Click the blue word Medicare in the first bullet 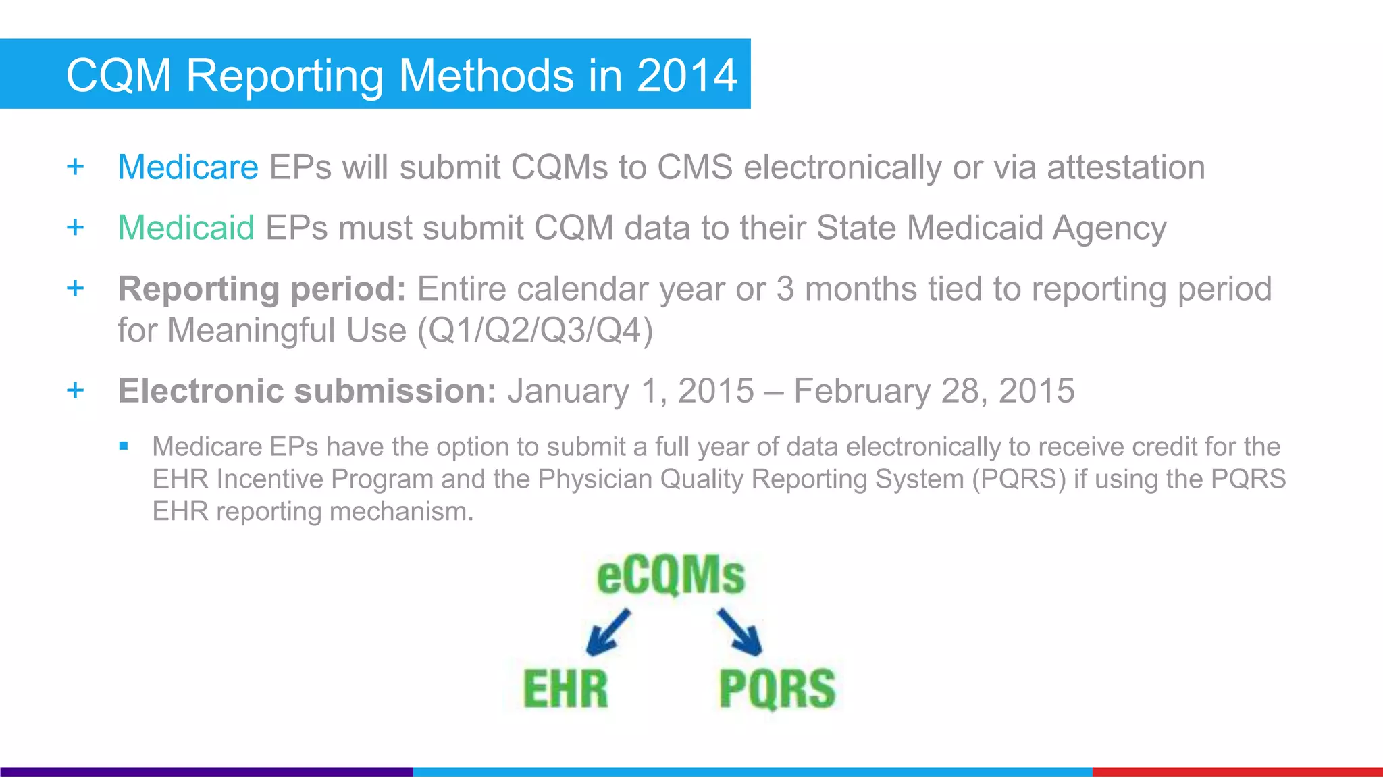(x=188, y=167)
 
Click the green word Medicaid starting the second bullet (x=186, y=228)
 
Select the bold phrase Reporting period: (x=261, y=289)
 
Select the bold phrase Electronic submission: (x=307, y=390)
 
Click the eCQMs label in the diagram (x=671, y=575)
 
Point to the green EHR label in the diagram (x=566, y=689)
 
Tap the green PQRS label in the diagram (x=777, y=689)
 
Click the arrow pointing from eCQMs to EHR (x=607, y=632)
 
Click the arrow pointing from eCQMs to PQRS (x=740, y=632)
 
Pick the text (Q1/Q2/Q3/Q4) (x=536, y=330)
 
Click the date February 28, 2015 (x=934, y=390)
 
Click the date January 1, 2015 (x=631, y=390)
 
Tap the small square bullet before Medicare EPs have (x=123, y=446)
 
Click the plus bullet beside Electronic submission (x=76, y=390)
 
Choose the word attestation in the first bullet (x=1126, y=167)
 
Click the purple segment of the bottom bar (x=206, y=771)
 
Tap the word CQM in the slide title (x=119, y=75)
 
